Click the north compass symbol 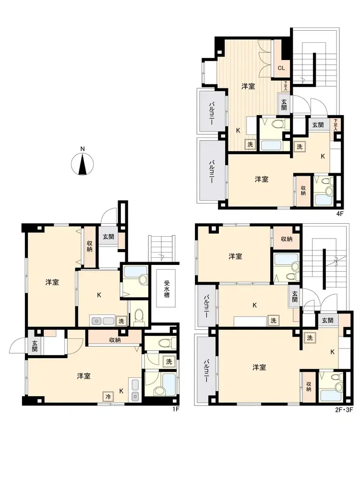(83, 162)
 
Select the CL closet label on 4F (281, 68)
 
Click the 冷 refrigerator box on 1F (108, 396)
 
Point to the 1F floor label (175, 409)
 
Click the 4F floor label (340, 214)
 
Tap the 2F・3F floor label (344, 409)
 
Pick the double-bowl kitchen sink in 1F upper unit (102, 321)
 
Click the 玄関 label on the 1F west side (34, 345)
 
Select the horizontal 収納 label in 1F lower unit (115, 340)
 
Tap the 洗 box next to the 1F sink (121, 321)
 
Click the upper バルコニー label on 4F (211, 113)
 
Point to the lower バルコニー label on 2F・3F (206, 371)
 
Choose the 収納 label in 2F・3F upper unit (287, 239)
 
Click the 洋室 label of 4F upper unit (248, 86)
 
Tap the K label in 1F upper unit (99, 295)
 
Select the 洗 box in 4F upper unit (250, 144)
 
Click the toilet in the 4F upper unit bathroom (278, 125)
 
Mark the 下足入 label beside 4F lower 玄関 (336, 125)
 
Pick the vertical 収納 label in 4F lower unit (303, 191)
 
